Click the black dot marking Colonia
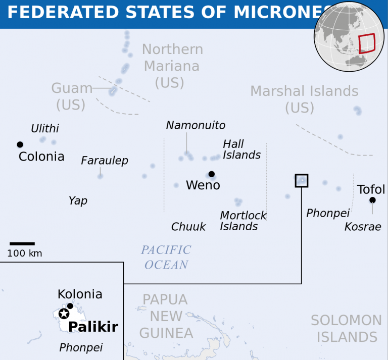[20, 144]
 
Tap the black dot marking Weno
[211, 174]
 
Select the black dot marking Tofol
[372, 200]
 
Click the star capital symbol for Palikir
[64, 314]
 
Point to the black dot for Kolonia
[70, 306]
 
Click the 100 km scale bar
[22, 244]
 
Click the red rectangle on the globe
[367, 43]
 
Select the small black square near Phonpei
[302, 180]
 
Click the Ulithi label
[45, 129]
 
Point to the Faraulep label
[105, 161]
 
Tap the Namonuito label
[196, 125]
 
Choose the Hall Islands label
[241, 149]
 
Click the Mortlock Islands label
[243, 221]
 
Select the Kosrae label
[362, 227]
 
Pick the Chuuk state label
[188, 227]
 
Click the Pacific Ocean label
[166, 257]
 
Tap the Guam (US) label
[71, 96]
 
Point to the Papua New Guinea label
[166, 316]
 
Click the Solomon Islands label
[346, 328]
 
